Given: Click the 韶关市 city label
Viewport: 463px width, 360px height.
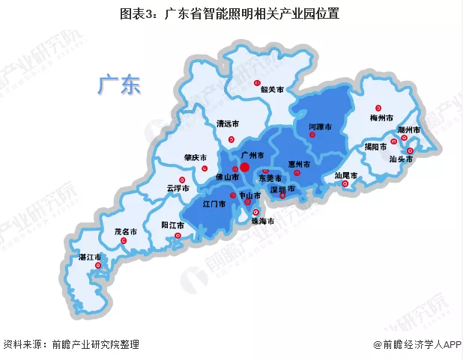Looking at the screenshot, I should click(272, 89).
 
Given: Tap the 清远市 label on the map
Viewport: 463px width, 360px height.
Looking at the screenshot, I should click(227, 123).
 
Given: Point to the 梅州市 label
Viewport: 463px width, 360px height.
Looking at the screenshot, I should click(381, 118).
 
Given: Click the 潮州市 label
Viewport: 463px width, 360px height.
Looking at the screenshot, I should click(408, 130).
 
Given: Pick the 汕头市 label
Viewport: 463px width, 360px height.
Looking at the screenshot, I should click(401, 159).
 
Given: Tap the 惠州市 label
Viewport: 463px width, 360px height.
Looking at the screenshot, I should click(300, 164).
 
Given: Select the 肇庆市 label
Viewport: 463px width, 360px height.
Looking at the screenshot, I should click(195, 158).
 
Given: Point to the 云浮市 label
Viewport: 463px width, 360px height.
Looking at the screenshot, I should click(178, 188).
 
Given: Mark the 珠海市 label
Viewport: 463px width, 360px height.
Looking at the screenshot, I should click(263, 222).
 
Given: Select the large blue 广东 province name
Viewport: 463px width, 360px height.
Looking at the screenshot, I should click(118, 85).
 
